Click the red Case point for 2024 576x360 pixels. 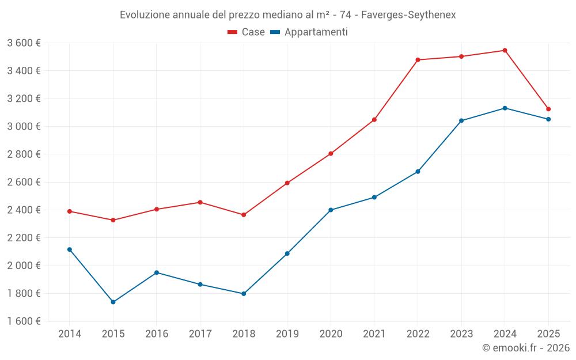(505, 51)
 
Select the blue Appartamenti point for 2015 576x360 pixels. (113, 302)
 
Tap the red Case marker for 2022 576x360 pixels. (418, 60)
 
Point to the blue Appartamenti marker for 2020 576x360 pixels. (331, 210)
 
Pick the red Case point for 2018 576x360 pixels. (244, 215)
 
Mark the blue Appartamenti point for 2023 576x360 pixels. (461, 120)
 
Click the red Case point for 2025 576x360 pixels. (548, 109)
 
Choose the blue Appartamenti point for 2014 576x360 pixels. (70, 249)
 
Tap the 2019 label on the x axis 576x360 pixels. (287, 334)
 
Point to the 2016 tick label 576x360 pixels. (157, 334)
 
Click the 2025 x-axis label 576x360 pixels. (548, 334)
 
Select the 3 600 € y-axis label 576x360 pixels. (24, 43)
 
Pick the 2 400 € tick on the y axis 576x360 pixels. (24, 210)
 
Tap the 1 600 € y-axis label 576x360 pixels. (24, 321)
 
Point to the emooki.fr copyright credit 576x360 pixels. (525, 348)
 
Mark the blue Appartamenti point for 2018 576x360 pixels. (244, 294)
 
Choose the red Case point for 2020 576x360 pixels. (331, 154)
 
